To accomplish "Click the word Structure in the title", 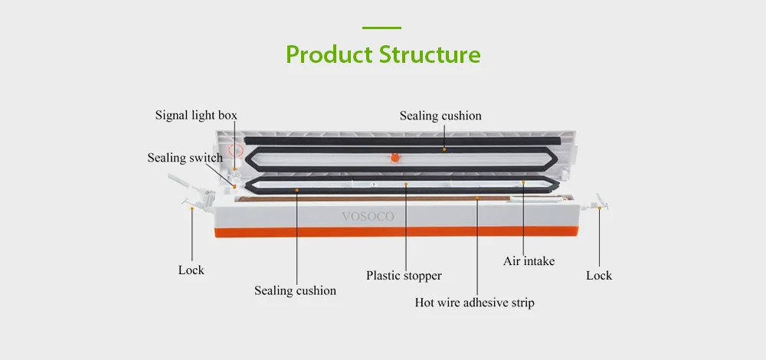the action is (x=430, y=54).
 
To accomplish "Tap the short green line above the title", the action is (x=381, y=28).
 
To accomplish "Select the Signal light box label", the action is (x=196, y=116).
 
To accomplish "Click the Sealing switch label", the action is (x=185, y=158).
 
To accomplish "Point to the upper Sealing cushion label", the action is (x=440, y=116).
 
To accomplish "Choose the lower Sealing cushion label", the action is (x=295, y=290).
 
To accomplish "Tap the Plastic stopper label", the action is (x=404, y=276).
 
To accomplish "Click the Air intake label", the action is (x=529, y=261).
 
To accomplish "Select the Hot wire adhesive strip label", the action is (x=474, y=303).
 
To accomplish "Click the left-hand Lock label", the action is (x=191, y=270).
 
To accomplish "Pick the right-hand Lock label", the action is (x=599, y=276).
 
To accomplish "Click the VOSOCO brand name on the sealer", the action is (x=368, y=217).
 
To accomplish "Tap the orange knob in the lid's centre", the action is (x=394, y=158).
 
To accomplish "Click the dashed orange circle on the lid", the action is (x=236, y=150).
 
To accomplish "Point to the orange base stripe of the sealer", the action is (x=396, y=231).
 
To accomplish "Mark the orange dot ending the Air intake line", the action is (x=523, y=182).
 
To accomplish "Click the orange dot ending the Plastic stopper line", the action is (x=406, y=184).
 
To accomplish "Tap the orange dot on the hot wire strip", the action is (x=476, y=198).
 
